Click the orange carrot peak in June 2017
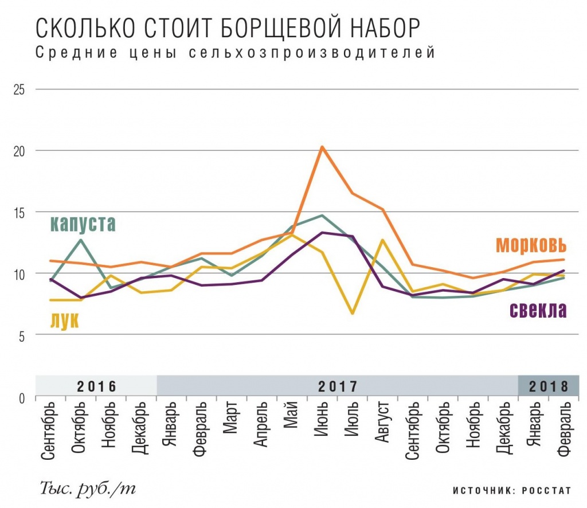[x=322, y=147]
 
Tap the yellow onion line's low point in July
[x=353, y=313]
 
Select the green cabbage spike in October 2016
[x=81, y=240]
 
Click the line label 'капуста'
[x=83, y=223]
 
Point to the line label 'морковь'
[x=531, y=244]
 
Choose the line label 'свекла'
[x=537, y=310]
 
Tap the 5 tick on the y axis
[x=22, y=335]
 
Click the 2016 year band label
[x=96, y=385]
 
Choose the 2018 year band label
[x=548, y=385]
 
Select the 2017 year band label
[x=337, y=385]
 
